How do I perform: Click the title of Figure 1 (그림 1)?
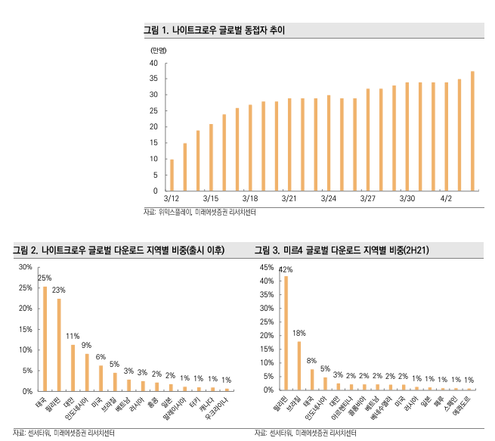tap(214, 30)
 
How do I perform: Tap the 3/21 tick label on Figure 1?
tap(288, 198)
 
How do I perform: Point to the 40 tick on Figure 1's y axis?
tap(153, 63)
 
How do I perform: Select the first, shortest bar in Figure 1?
tap(172, 175)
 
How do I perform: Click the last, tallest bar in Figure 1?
tap(472, 131)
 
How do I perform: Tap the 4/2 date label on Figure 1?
tap(446, 198)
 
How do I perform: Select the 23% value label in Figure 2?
tap(58, 290)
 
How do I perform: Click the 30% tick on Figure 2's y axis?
tap(25, 267)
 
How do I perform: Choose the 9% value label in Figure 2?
tap(86, 345)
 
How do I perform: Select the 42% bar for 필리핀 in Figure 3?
tap(286, 333)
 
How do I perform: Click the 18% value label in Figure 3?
tap(299, 333)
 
